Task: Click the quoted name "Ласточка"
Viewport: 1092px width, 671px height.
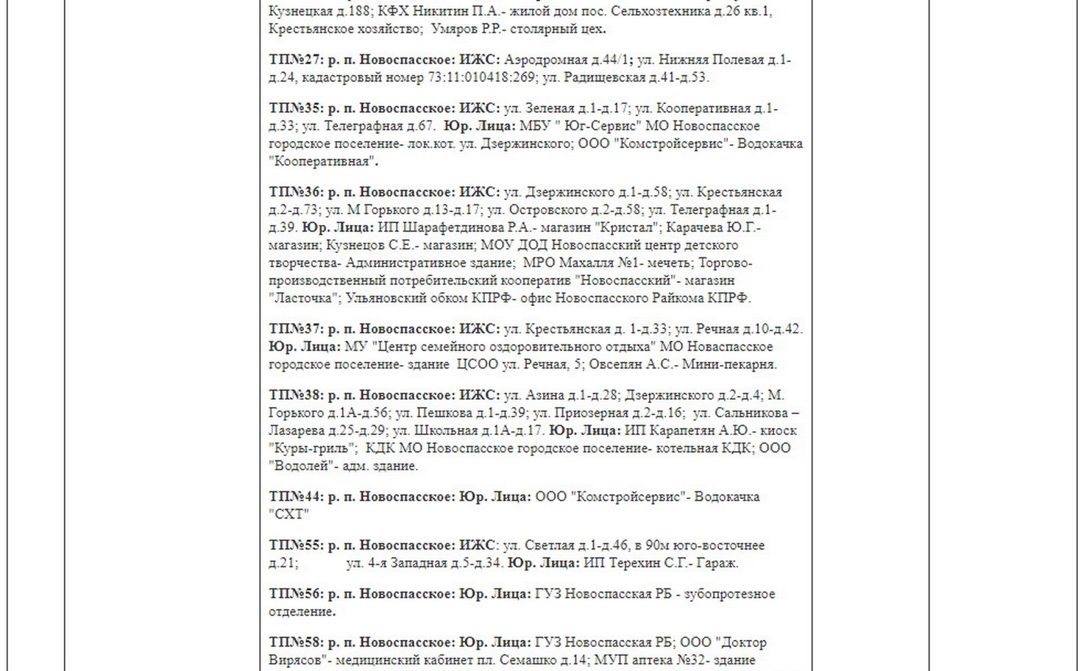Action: [x=304, y=299]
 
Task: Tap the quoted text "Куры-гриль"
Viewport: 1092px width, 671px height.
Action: [x=313, y=449]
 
